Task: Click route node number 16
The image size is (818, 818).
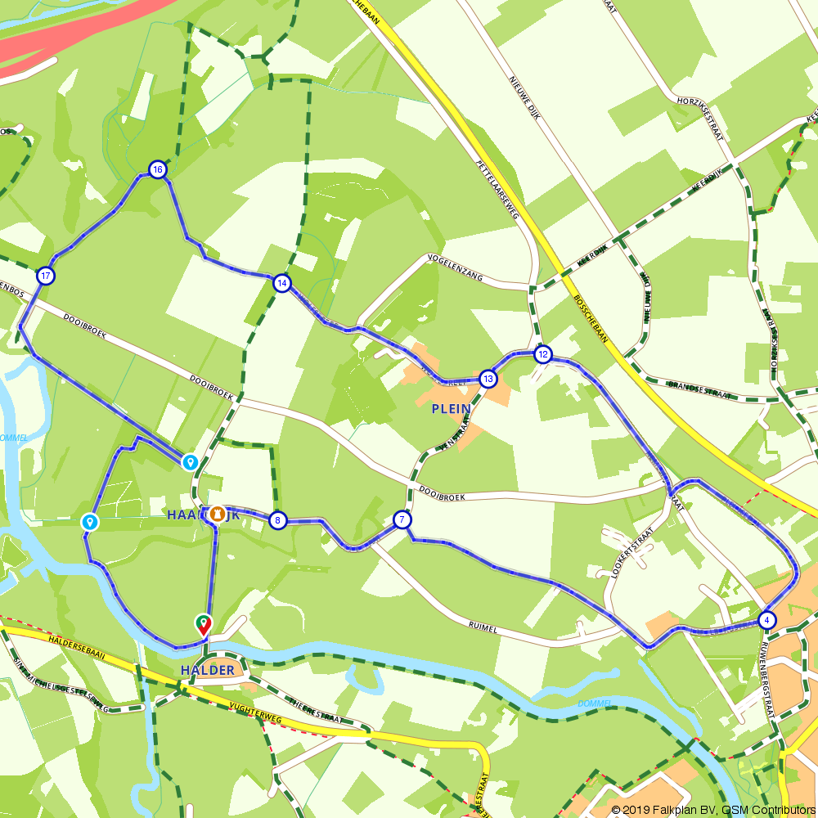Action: pyautogui.click(x=157, y=169)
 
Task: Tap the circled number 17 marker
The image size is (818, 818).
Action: pyautogui.click(x=46, y=276)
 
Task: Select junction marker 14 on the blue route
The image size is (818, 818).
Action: pyautogui.click(x=281, y=283)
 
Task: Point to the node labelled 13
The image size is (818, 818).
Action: pyautogui.click(x=488, y=379)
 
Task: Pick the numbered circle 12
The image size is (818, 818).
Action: pyautogui.click(x=542, y=354)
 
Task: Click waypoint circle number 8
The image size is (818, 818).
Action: pyautogui.click(x=278, y=520)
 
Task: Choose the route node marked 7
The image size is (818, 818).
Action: pyautogui.click(x=402, y=519)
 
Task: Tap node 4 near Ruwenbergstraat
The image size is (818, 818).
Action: pyautogui.click(x=766, y=619)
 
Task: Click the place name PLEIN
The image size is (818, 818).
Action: pyautogui.click(x=451, y=409)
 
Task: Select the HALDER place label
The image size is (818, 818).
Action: pyautogui.click(x=209, y=671)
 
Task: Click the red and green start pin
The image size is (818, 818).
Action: pyautogui.click(x=203, y=626)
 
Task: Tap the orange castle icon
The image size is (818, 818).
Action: pyautogui.click(x=217, y=514)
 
